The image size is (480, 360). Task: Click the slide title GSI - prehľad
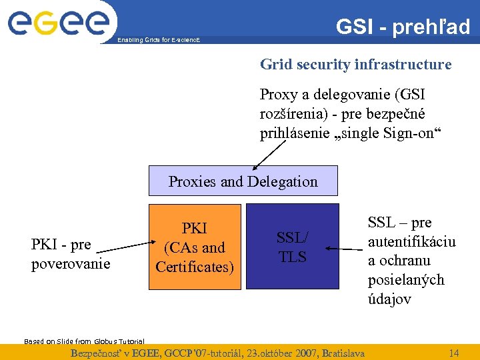403,27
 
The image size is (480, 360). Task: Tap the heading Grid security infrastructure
355,65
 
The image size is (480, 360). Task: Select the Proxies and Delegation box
243,181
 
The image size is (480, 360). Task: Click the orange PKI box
194,247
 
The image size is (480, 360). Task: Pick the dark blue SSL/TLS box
293,246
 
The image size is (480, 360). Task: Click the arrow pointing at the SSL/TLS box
344,250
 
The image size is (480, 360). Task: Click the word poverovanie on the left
71,263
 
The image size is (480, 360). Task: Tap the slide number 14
454,352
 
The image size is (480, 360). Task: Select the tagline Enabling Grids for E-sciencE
158,41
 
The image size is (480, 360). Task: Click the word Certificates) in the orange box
195,267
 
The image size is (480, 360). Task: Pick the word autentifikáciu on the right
411,241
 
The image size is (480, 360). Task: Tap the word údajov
389,299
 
